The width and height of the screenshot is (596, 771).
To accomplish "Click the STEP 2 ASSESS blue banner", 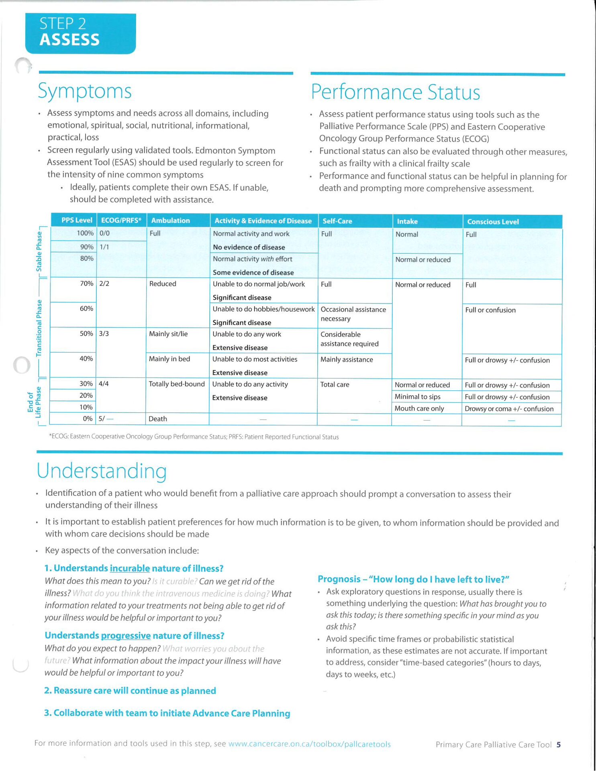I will (x=80, y=33).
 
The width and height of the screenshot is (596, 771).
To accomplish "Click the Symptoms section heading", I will (x=85, y=91).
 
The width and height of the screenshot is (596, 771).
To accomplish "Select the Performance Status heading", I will (x=395, y=92).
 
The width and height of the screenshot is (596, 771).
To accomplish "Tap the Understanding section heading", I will (x=102, y=471).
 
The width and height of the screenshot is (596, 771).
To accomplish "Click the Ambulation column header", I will (x=170, y=220).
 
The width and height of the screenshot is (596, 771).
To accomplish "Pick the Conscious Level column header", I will (x=493, y=222).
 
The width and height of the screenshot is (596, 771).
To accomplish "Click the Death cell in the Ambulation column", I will (x=158, y=419).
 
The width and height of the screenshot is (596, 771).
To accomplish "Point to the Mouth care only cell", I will (x=419, y=408).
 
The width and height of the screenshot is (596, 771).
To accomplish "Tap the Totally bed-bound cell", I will (x=177, y=384).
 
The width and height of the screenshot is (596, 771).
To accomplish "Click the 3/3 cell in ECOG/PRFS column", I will (x=104, y=334).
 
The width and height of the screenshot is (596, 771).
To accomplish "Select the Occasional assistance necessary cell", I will (x=353, y=314).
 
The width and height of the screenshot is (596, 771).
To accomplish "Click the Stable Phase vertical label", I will (x=39, y=251).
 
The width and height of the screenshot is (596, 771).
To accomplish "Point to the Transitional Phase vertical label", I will (x=39, y=328).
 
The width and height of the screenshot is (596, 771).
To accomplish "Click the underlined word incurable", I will (x=130, y=568).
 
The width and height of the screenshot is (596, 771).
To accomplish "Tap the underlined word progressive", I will (x=126, y=636).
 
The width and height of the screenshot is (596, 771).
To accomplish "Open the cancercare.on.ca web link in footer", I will (x=309, y=744).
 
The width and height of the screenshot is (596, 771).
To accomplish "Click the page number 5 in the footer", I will (x=558, y=745).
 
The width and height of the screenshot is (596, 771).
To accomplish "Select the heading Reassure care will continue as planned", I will (x=130, y=691).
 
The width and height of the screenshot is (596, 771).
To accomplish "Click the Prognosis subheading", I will (x=413, y=579).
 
